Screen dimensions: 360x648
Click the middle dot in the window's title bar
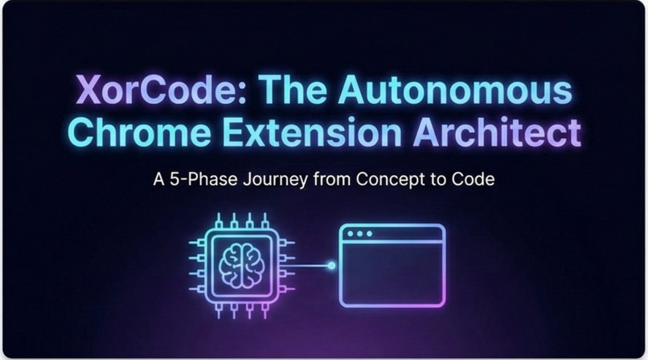[x=359, y=235]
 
